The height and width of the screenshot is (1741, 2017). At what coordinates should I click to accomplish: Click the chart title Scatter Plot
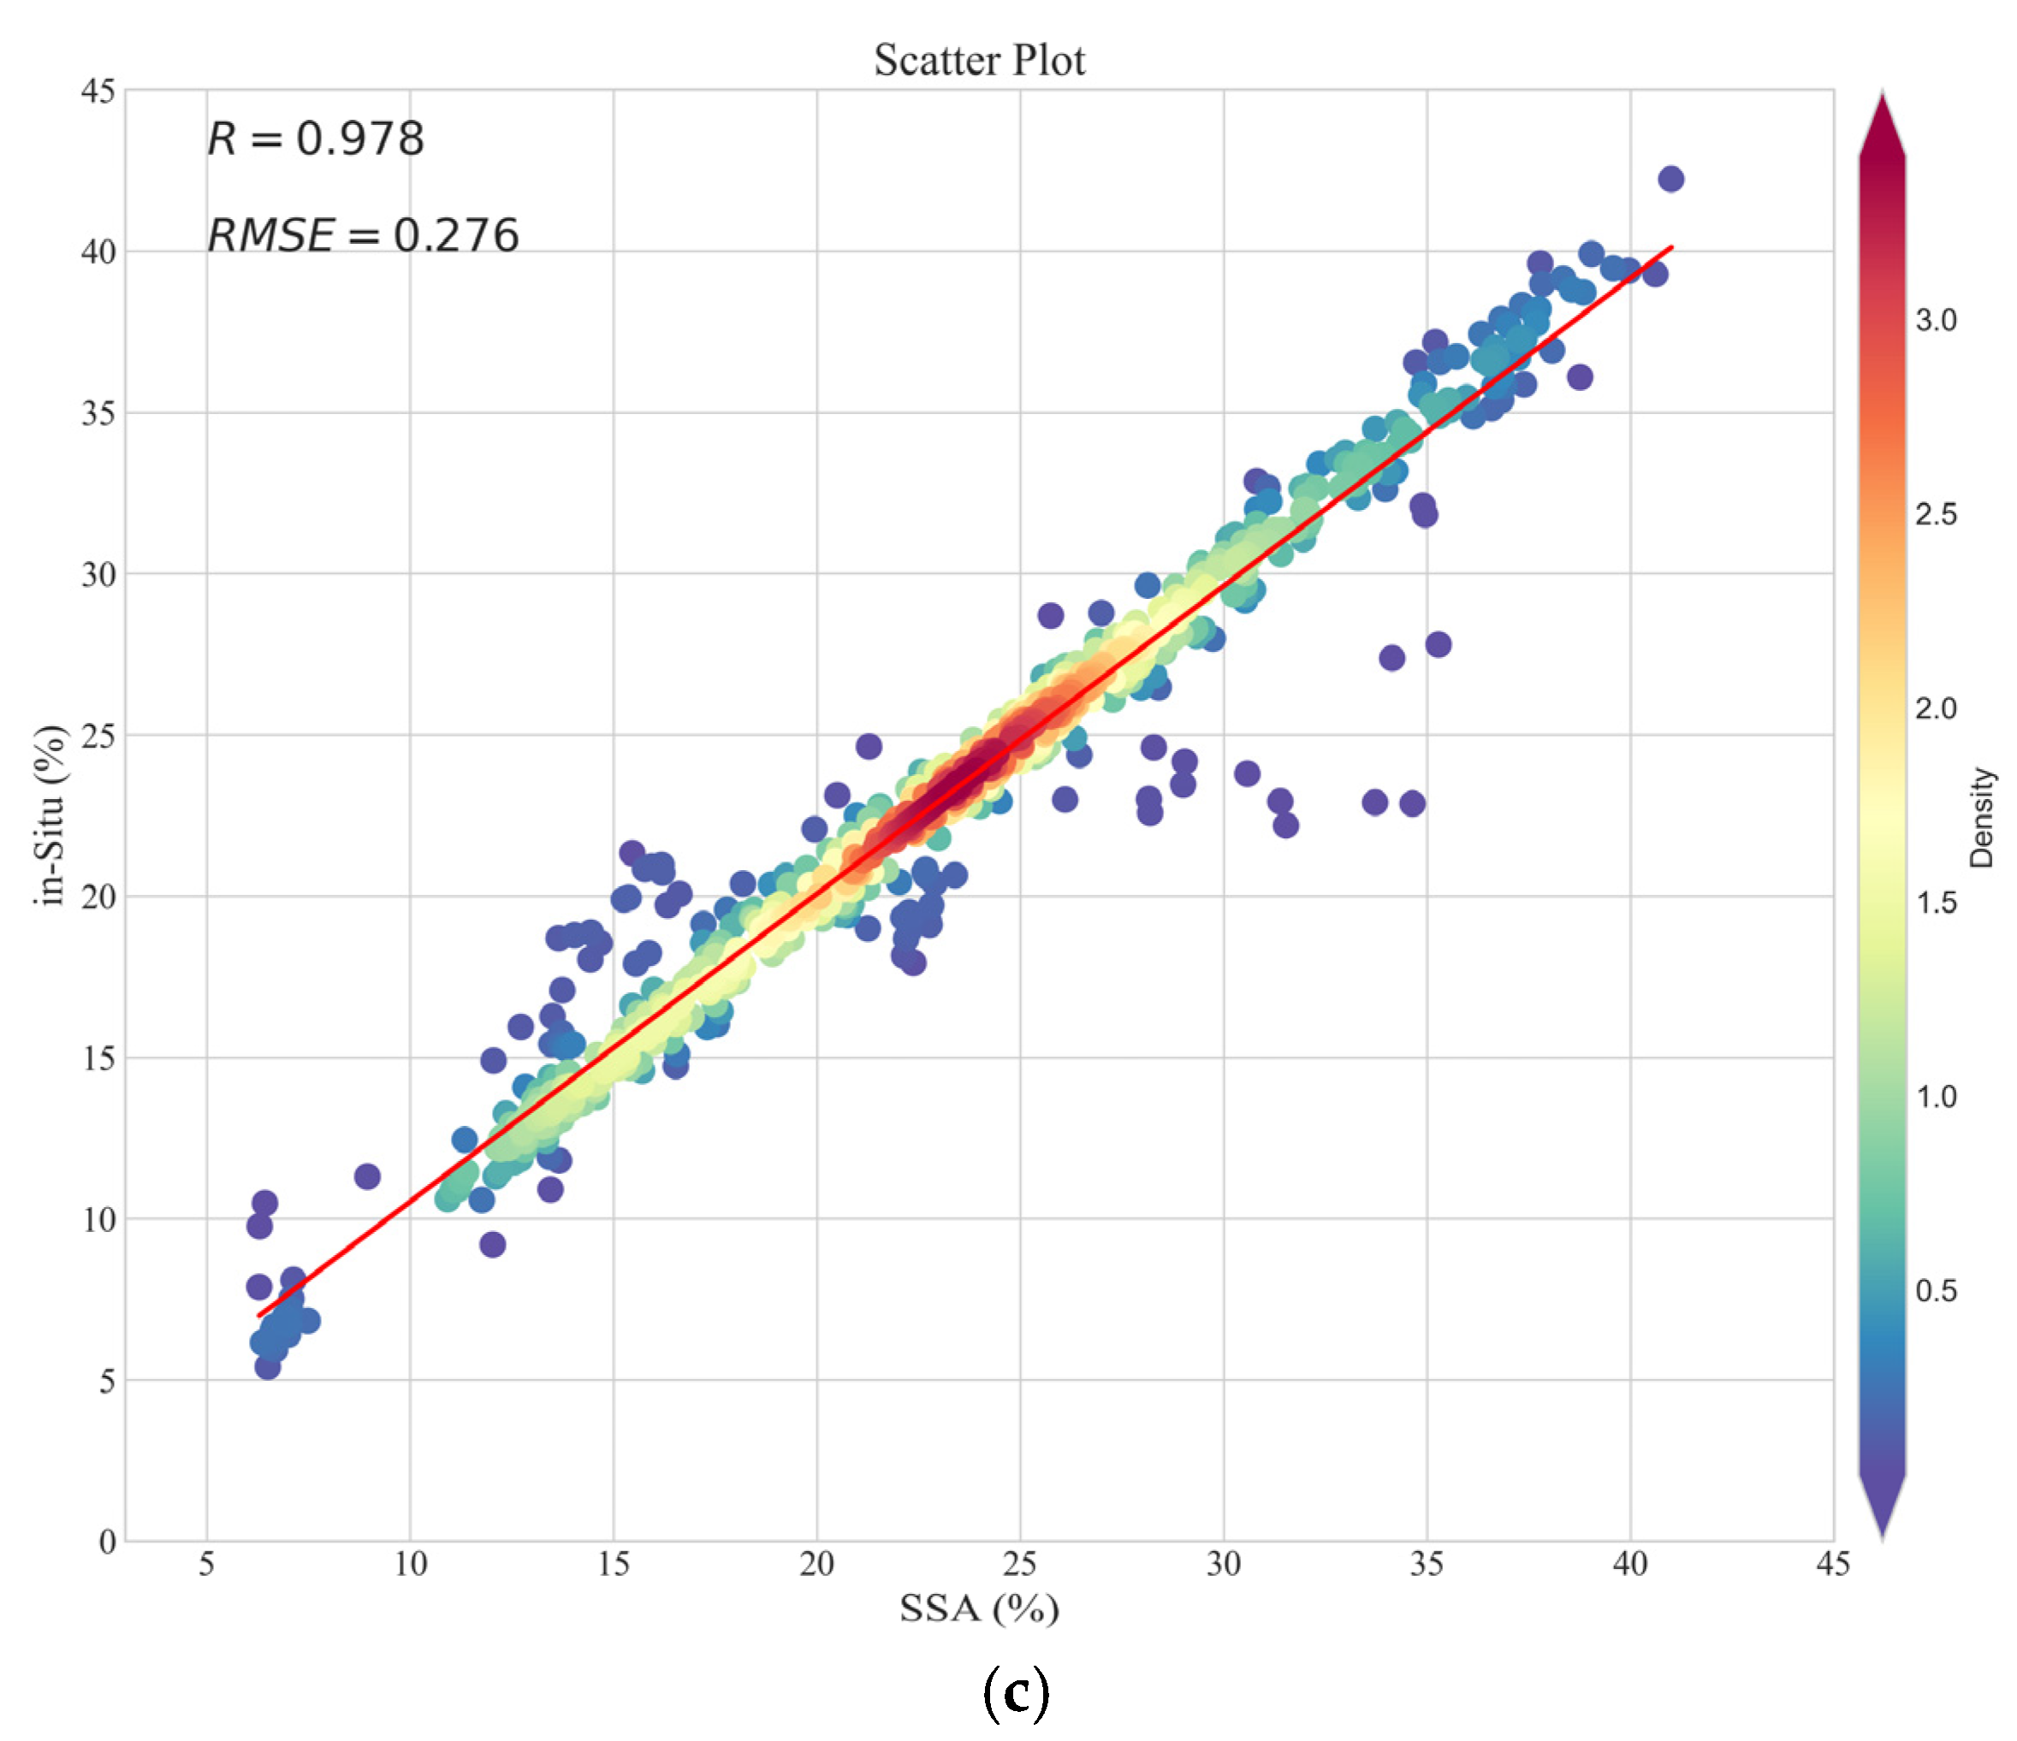[978, 61]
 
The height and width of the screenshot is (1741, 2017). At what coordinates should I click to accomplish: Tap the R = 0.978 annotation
[316, 139]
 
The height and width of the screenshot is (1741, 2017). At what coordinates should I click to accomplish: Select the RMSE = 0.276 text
[362, 235]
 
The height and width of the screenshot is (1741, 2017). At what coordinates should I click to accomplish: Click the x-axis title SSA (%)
[978, 1608]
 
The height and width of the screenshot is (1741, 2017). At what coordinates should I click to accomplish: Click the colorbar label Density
[1981, 818]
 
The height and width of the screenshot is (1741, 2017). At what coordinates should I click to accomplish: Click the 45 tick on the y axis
[98, 92]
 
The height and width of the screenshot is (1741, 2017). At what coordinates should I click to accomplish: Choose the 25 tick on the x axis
[1019, 1564]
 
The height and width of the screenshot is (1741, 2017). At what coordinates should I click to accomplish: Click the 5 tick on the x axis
[206, 1564]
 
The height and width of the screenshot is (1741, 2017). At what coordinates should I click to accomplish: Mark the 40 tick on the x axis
[1629, 1564]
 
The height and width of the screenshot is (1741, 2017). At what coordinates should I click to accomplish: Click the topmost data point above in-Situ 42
[1670, 179]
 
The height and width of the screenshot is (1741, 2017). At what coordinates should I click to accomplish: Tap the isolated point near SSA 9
[367, 1175]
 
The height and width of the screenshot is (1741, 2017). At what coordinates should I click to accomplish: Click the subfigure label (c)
[1015, 1692]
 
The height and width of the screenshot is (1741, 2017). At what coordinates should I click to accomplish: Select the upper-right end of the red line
[1671, 247]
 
